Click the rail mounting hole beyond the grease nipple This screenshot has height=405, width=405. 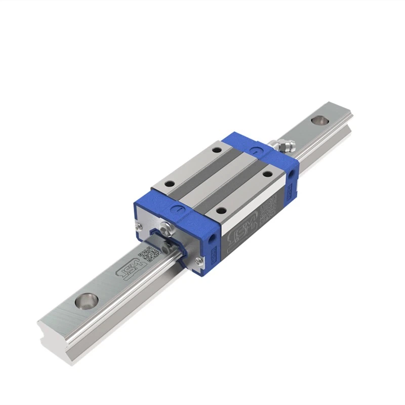pyautogui.click(x=319, y=120)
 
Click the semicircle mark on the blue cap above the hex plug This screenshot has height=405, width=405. pyautogui.click(x=177, y=208)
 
